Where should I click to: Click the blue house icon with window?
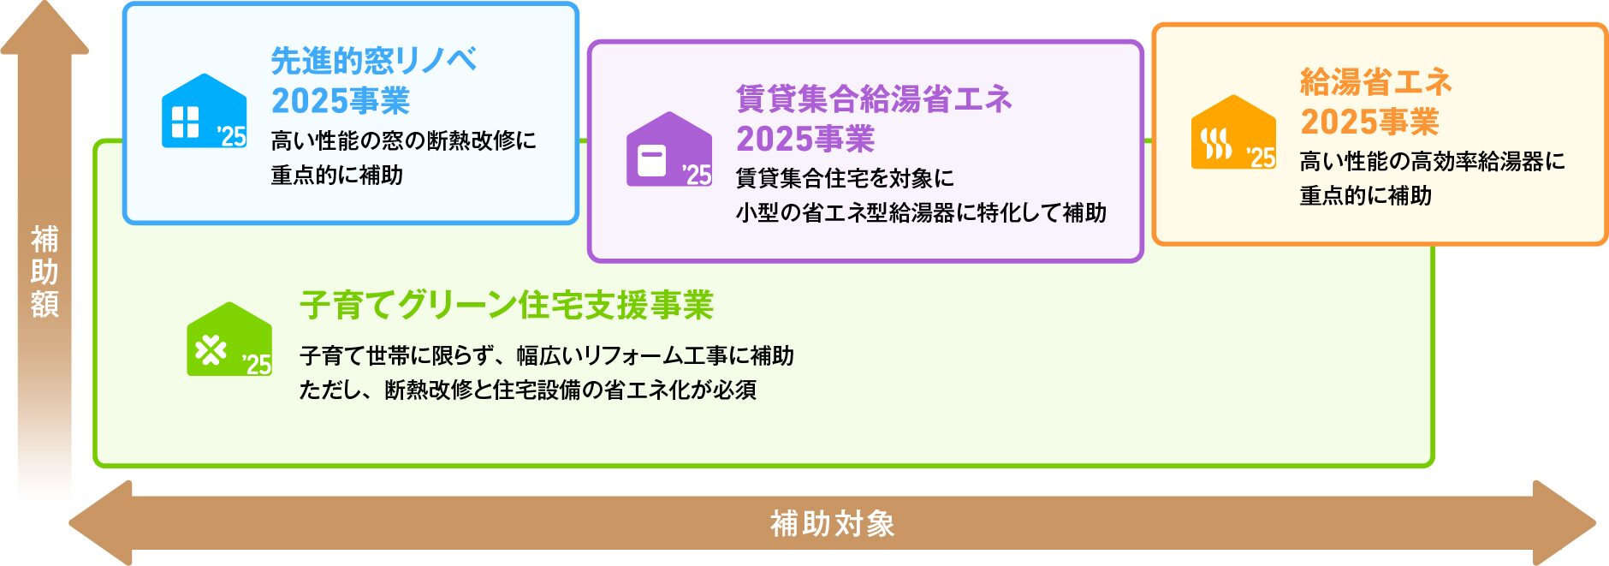coord(204,111)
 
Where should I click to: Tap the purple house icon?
coord(668,149)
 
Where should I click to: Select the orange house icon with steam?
coord(1233,132)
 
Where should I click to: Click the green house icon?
coord(229,339)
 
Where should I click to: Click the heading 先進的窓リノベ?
coord(374,61)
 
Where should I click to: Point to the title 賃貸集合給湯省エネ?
coord(874,99)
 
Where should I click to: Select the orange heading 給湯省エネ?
coord(1376,82)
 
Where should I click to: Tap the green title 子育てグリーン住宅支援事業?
coord(507,305)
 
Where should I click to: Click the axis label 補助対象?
coord(833,523)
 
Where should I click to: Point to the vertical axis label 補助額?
coord(45,271)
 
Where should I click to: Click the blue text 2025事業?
coord(341,101)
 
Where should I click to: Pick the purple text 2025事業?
coord(805,139)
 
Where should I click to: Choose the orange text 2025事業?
coord(1369,122)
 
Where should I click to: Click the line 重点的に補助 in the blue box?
coord(336,175)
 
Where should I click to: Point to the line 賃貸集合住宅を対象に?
coord(845,178)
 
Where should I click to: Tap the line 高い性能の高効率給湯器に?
coord(1432,161)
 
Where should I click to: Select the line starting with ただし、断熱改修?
coord(528,390)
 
